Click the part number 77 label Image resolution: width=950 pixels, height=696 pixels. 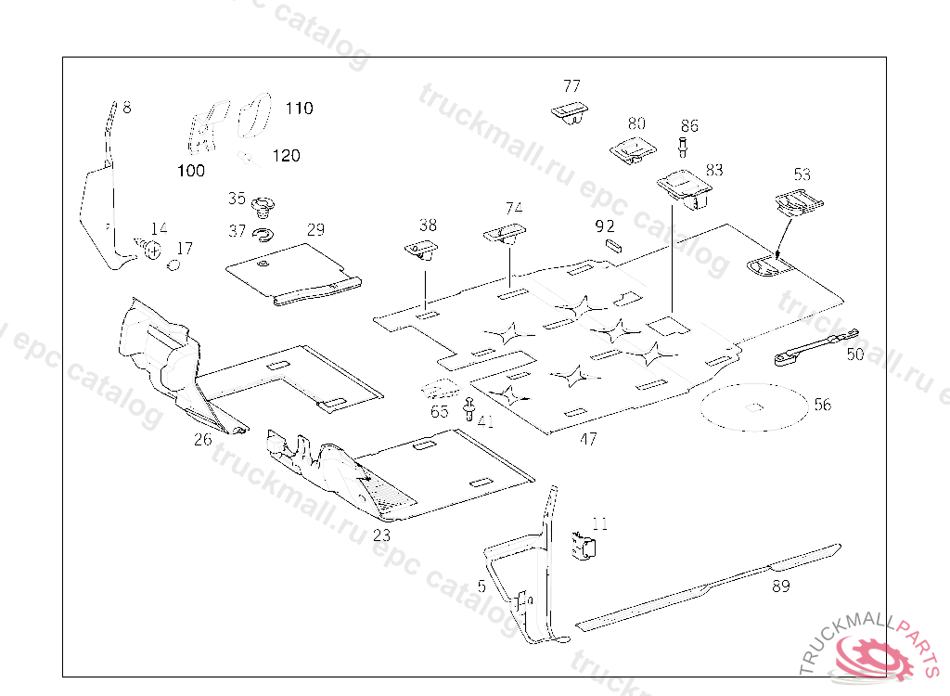571,86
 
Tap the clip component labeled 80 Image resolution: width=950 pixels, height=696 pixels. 631,148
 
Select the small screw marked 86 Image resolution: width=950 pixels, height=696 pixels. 683,146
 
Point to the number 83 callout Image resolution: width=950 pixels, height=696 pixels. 714,170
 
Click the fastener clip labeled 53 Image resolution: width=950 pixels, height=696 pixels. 796,201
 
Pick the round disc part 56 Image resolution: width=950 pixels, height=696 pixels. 756,405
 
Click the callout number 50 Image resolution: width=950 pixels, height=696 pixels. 854,354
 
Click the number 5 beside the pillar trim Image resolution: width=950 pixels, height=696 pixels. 481,586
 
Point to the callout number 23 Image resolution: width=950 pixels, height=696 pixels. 382,535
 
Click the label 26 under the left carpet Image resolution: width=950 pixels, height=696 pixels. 203,439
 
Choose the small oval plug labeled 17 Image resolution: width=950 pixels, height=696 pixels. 173,265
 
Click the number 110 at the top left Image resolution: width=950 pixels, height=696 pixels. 299,108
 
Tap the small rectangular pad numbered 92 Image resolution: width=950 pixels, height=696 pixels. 611,244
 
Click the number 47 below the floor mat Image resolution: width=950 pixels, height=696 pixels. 588,439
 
